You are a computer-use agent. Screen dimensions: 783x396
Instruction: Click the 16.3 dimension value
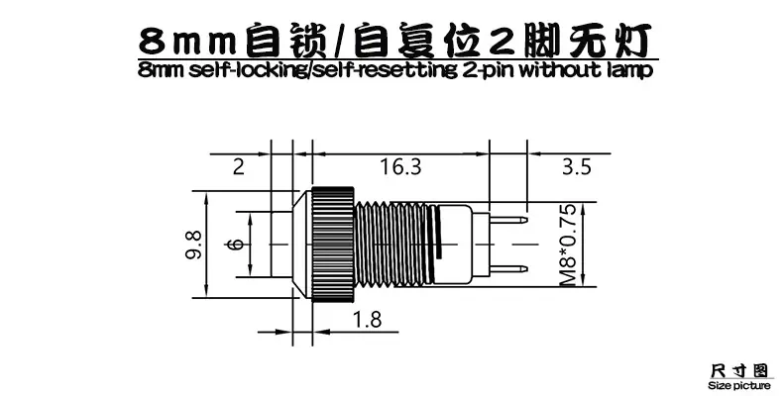tap(401, 166)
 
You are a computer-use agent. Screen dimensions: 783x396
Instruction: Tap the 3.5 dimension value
tap(577, 166)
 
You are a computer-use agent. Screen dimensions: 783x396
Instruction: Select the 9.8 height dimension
tap(192, 245)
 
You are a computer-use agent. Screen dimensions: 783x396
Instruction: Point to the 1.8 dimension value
tap(367, 319)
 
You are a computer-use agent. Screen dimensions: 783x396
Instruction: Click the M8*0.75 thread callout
tap(568, 245)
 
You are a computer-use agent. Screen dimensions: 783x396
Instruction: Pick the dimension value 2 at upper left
tap(239, 166)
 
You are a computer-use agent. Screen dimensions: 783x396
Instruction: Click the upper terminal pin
tap(508, 220)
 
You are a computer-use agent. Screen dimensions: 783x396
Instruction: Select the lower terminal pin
tap(508, 269)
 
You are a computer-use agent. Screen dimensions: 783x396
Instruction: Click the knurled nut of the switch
tap(333, 245)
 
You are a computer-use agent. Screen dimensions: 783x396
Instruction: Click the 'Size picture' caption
tap(739, 385)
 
